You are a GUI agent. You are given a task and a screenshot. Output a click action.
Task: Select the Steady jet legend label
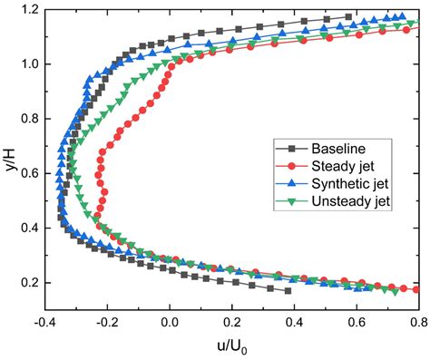(x=347, y=166)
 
